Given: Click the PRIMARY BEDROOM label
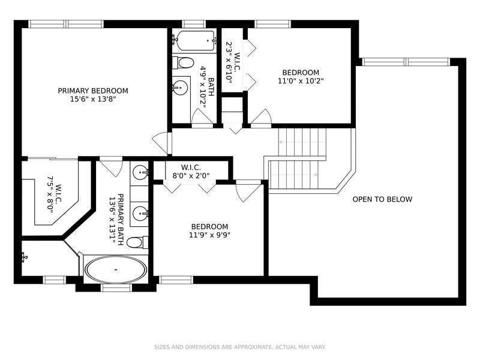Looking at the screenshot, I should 93,91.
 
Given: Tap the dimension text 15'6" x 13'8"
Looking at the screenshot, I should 93,99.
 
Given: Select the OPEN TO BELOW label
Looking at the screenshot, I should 382,199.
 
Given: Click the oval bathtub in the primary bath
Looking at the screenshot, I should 115,269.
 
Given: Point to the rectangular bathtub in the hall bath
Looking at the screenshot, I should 194,42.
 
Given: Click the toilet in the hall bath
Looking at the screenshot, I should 184,62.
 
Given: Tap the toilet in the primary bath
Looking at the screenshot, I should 136,242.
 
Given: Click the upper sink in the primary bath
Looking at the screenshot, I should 140,173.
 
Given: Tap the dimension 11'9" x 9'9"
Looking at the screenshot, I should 209,235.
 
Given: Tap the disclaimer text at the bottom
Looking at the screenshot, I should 239,347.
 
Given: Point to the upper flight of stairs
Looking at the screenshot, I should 304,141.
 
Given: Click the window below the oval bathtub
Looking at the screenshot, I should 116,288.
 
